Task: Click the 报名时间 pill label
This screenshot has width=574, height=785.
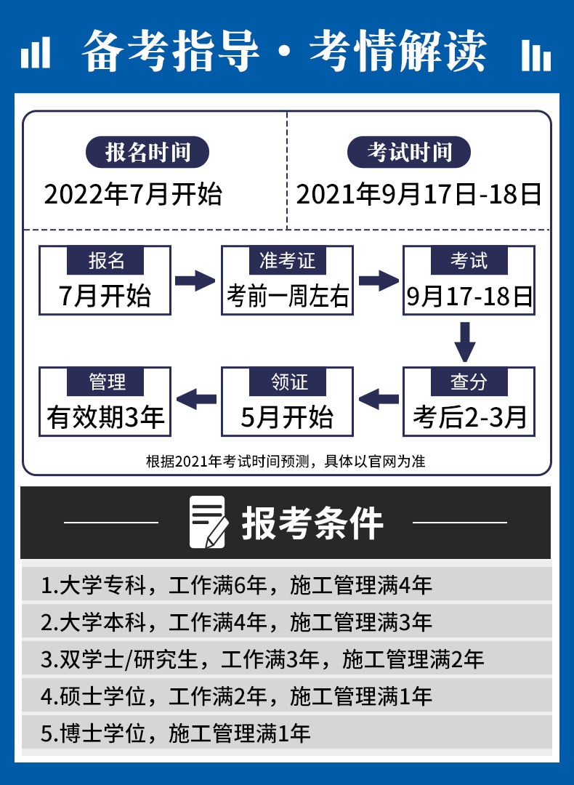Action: pyautogui.click(x=147, y=152)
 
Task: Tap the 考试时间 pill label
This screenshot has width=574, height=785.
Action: pyautogui.click(x=409, y=152)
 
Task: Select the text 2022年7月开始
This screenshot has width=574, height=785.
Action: pyautogui.click(x=133, y=194)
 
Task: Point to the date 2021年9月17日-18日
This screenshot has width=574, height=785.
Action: pyautogui.click(x=419, y=194)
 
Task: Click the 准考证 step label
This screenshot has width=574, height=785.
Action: pyautogui.click(x=287, y=260)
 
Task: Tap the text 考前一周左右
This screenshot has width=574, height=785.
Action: pyautogui.click(x=287, y=296)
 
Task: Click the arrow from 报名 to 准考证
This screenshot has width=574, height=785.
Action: pyautogui.click(x=195, y=281)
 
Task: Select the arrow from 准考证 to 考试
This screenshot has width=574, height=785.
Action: pyautogui.click(x=379, y=281)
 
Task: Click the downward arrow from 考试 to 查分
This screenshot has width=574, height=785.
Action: pyautogui.click(x=465, y=342)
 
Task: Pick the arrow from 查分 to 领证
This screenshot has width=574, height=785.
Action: pyautogui.click(x=379, y=399)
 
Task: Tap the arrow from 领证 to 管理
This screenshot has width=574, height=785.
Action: pyautogui.click(x=196, y=399)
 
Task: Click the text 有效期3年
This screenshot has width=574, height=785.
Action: pyautogui.click(x=105, y=417)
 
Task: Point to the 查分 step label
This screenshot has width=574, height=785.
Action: pyautogui.click(x=469, y=382)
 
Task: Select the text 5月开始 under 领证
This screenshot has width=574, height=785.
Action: pyautogui.click(x=287, y=417)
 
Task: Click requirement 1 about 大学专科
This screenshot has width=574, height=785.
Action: pyautogui.click(x=236, y=585)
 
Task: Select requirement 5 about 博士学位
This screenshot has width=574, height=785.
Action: pyautogui.click(x=176, y=733)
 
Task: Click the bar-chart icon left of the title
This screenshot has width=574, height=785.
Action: pyautogui.click(x=36, y=52)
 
